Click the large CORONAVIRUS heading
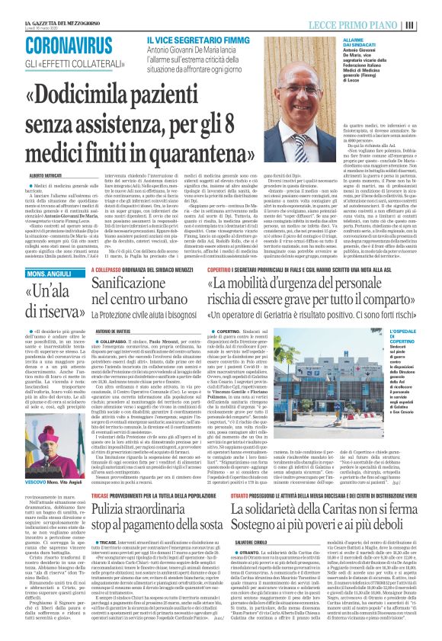point(67,43)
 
